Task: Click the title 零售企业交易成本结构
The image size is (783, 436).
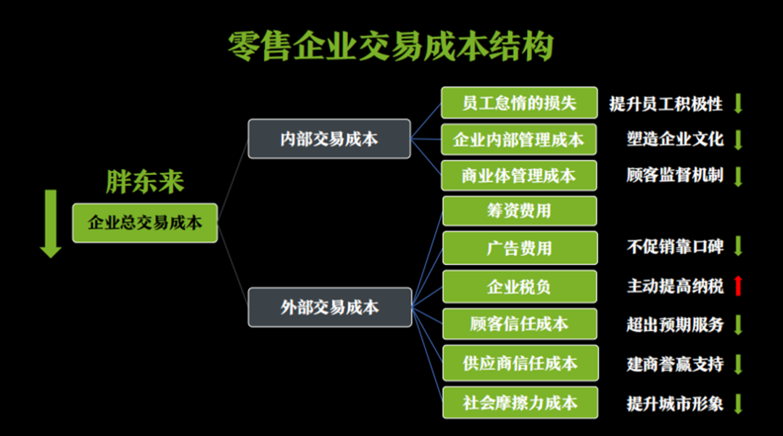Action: coord(391,47)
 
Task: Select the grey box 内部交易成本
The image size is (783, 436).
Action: coord(329,138)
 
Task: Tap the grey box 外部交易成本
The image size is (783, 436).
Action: coord(329,307)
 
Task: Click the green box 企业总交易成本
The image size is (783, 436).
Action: coord(145,222)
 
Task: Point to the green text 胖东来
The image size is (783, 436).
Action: coord(145,182)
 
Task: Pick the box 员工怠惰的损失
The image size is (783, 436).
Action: coord(519,102)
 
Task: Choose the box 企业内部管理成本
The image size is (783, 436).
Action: coord(519,139)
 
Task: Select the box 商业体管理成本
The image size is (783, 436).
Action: coord(519,175)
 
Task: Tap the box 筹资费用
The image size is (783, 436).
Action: coord(519,211)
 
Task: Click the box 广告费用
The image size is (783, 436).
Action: coord(519,248)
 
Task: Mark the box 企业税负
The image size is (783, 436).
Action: coord(519,286)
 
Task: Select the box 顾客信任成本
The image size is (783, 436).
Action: coord(519,324)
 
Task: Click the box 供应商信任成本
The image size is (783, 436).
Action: coord(519,363)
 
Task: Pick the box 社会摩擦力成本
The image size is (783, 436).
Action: coord(519,402)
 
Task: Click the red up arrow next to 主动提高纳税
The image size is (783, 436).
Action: coord(738,285)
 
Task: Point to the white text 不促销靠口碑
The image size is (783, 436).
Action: coord(675,246)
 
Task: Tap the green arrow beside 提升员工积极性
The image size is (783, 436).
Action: coord(738,104)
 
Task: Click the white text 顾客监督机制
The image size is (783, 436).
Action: coord(675,175)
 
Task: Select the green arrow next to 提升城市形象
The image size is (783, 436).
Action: coord(738,403)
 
